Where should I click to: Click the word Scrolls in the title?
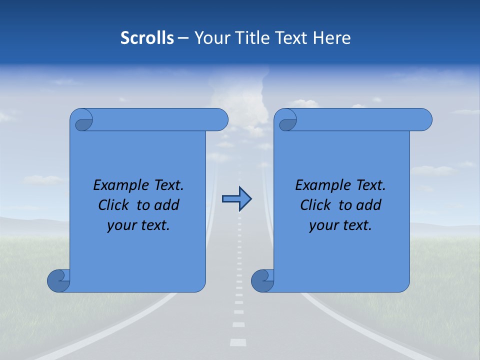147,38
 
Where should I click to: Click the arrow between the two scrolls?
236,199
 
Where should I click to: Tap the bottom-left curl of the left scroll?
58,280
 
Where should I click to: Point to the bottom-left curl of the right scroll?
262,280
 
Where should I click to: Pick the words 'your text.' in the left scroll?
138,225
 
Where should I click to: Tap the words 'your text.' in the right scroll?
340,225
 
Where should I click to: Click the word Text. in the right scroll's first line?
370,185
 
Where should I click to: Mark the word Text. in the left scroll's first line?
168,185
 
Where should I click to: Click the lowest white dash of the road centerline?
238,342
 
